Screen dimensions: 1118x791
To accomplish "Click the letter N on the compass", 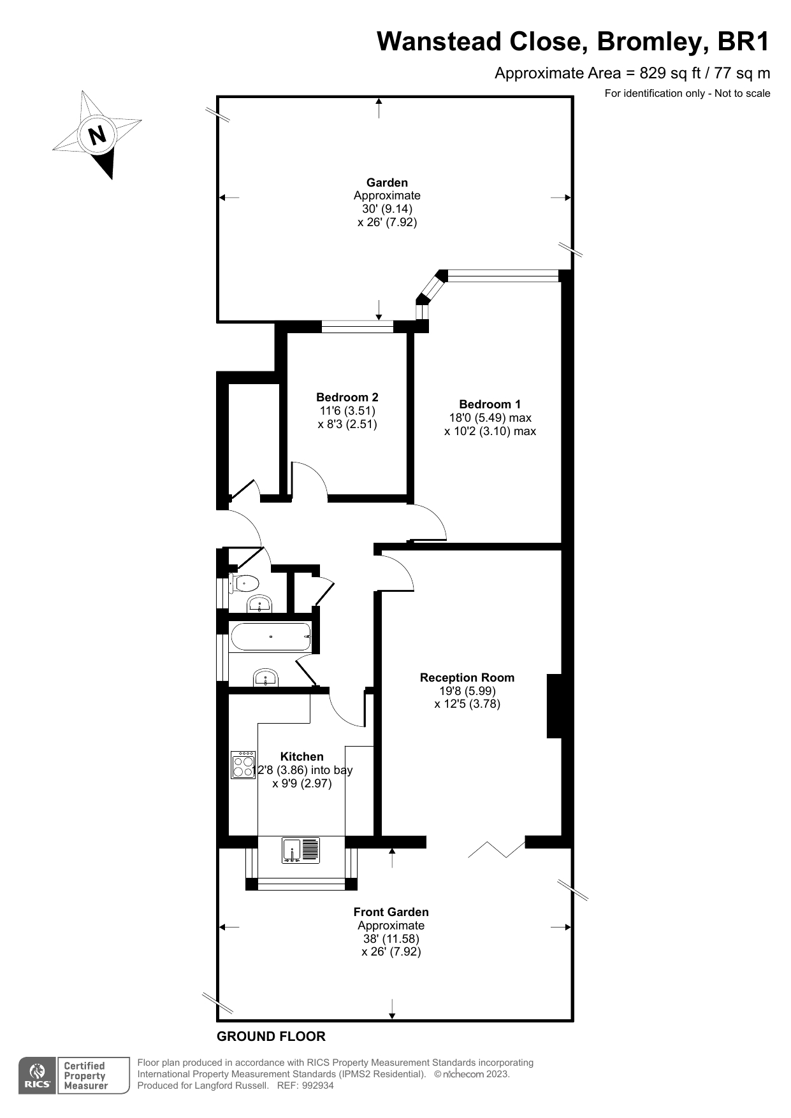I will [97, 135].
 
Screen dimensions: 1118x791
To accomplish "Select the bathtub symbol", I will [270, 636].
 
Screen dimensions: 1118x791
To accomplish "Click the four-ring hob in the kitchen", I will [243, 764].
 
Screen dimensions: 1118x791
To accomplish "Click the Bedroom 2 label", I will [347, 398].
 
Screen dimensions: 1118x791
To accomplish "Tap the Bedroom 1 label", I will [490, 404].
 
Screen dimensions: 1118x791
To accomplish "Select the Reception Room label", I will [467, 677].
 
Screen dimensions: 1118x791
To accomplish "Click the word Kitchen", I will [301, 756].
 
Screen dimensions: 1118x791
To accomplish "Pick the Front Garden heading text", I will [391, 912].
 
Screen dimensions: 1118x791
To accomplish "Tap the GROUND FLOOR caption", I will [271, 1036].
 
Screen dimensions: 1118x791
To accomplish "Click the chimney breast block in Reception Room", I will [555, 706].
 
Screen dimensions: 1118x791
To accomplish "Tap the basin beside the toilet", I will [259, 603].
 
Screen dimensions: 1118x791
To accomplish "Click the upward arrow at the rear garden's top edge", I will [379, 108].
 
